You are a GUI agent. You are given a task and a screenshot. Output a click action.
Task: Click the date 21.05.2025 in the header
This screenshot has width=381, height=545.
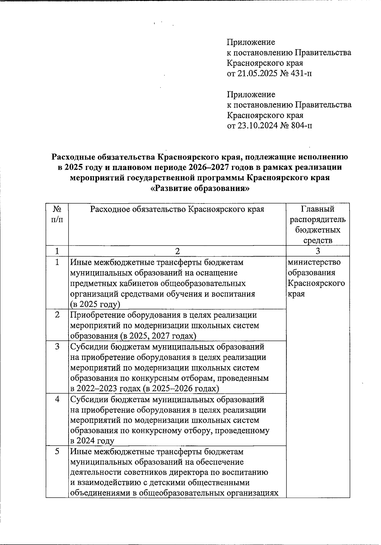coord(256,74)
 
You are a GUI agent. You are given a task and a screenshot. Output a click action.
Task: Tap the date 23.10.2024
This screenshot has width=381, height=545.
coord(256,126)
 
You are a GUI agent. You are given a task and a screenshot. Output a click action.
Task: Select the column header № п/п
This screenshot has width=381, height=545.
coord(57,214)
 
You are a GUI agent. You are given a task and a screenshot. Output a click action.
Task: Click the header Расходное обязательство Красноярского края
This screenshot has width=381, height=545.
coord(177,209)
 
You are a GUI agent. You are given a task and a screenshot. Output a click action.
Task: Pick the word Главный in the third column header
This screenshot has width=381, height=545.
coord(318,209)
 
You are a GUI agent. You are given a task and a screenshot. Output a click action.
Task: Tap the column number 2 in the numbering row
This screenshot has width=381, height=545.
coord(177,251)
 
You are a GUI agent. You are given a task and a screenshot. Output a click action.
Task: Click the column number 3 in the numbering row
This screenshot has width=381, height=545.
coord(318,251)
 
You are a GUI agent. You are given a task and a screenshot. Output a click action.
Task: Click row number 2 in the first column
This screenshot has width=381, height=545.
coord(57,315)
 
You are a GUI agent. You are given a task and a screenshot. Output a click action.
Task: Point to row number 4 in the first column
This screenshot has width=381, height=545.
coord(57,399)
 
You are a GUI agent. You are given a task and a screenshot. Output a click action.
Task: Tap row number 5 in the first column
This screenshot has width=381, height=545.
coord(57,452)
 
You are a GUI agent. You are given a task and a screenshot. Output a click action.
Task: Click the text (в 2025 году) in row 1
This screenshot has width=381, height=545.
coord(95,304)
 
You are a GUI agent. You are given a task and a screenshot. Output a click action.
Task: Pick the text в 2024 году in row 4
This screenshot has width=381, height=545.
coord(92,441)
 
